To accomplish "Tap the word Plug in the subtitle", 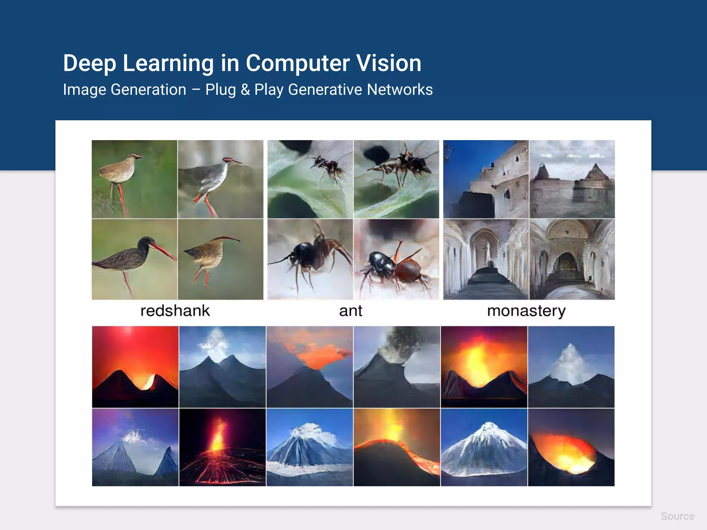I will click(x=221, y=90).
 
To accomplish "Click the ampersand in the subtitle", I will click(x=245, y=90).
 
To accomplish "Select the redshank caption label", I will click(x=175, y=311).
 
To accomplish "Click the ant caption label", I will click(x=351, y=311).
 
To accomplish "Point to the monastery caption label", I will click(x=526, y=311).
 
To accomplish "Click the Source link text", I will click(x=677, y=516).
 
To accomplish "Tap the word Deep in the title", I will click(x=89, y=63).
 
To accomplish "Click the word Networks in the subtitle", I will click(x=400, y=90).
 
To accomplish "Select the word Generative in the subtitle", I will click(x=325, y=90).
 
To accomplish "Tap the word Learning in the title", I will click(x=168, y=63).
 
